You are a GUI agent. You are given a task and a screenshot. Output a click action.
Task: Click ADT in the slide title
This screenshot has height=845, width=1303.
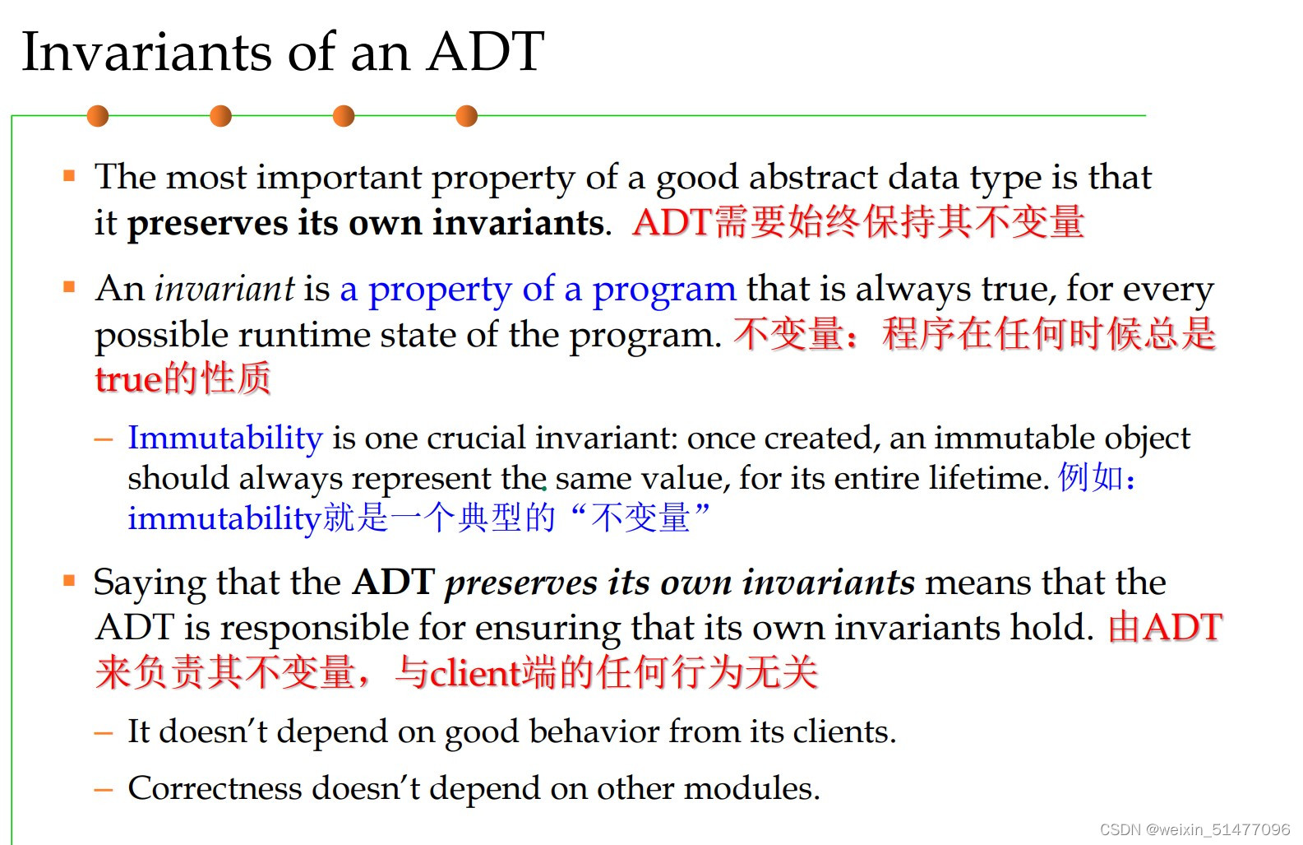tap(485, 53)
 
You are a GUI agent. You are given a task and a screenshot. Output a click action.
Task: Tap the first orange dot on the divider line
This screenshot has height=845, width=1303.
tap(98, 116)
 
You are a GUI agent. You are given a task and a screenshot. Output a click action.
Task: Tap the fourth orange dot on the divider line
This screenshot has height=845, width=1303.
tap(466, 116)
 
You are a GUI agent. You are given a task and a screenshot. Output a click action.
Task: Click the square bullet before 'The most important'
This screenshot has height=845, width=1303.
tap(69, 175)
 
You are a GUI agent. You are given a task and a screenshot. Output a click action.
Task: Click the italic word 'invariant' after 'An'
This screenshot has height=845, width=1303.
tap(224, 289)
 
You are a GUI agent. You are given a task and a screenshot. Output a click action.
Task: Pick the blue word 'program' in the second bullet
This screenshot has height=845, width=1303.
tap(663, 289)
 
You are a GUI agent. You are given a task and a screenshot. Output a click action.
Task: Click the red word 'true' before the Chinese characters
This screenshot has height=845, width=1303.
tap(127, 379)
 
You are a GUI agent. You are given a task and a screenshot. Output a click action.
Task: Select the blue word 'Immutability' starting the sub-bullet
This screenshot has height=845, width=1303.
tap(224, 438)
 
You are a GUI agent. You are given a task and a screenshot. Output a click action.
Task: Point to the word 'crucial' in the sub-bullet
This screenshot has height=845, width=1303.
tap(476, 438)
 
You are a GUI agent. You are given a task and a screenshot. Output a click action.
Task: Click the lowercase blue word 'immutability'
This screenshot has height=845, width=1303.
tap(223, 518)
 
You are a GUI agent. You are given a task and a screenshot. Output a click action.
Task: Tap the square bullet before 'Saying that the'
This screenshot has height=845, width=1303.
tap(69, 581)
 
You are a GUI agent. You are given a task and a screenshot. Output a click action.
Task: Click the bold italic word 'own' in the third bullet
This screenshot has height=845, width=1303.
tap(696, 583)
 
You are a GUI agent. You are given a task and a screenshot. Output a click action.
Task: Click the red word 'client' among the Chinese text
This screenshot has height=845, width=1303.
tap(475, 673)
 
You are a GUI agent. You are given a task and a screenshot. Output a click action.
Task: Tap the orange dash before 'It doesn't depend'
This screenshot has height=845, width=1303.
tap(104, 732)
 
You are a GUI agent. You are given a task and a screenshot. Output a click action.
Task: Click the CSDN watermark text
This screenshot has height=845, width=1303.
tap(1194, 829)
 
